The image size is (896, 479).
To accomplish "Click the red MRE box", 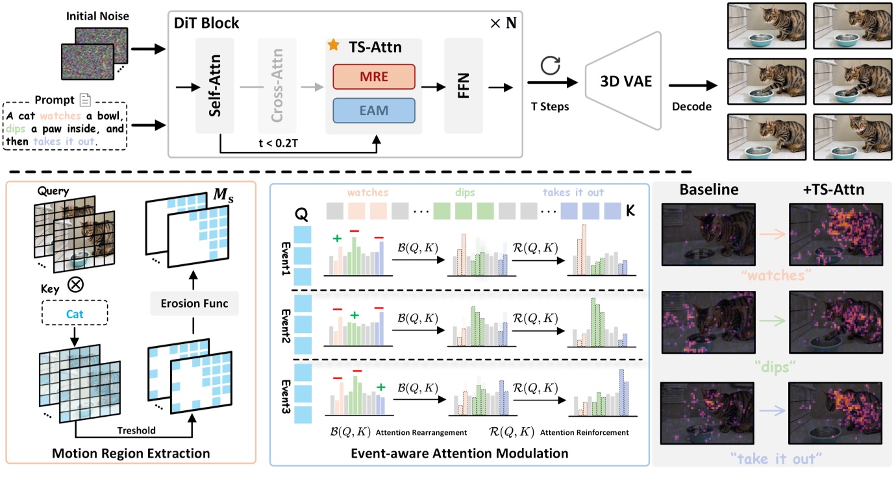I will (373, 77).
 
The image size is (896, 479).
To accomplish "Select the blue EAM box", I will (373, 111).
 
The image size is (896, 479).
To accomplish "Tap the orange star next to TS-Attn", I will (333, 45).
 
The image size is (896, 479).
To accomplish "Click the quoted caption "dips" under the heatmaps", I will (771, 367).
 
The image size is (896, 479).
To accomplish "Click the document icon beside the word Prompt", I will (84, 100).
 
